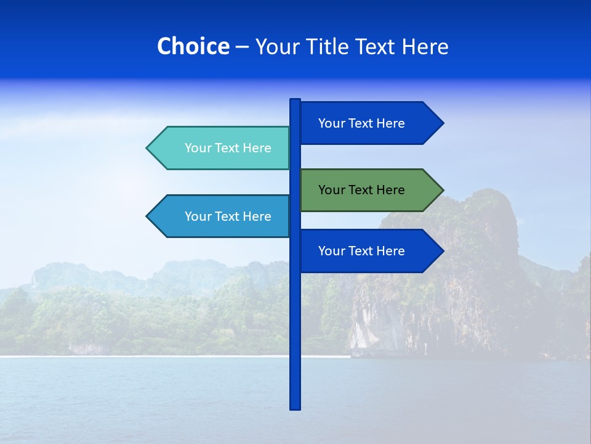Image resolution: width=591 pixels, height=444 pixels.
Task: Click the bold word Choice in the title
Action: [193, 46]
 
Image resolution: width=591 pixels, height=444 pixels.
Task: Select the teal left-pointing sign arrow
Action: [219, 148]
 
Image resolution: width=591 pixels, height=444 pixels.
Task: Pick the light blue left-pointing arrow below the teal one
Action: [219, 216]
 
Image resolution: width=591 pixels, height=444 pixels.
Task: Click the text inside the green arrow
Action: [361, 190]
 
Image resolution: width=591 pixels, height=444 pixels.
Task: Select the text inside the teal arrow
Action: [228, 148]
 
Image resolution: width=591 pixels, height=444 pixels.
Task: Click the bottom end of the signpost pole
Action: [295, 407]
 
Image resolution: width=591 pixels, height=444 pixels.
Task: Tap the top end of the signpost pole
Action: [295, 101]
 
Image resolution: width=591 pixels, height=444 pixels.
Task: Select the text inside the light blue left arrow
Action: [228, 216]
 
